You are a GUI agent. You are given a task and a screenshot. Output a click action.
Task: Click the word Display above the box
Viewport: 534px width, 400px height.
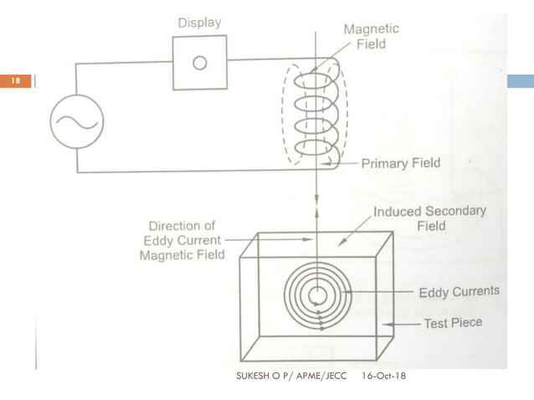point(199,23)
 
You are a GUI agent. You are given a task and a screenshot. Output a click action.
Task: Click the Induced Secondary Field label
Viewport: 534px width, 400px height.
point(429,218)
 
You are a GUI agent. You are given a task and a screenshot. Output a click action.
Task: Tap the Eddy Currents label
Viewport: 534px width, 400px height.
point(459,292)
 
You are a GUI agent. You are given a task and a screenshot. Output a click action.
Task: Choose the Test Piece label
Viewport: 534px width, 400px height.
point(453,322)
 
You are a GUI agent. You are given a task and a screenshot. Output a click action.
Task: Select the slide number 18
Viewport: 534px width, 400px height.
point(15,81)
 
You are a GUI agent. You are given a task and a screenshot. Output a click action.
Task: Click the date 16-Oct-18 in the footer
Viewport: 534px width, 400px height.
point(386,382)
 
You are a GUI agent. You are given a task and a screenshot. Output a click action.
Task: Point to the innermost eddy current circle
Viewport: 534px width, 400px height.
point(317,295)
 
